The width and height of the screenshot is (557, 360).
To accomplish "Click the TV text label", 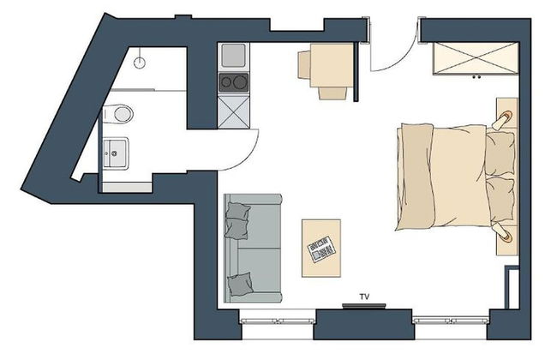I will click(x=364, y=297).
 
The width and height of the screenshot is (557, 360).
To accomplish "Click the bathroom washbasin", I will click(x=113, y=153).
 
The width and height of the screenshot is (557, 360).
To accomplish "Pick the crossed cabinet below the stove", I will click(x=233, y=110).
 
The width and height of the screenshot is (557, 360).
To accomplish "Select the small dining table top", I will click(x=334, y=71).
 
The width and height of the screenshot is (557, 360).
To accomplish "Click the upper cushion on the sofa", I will click(x=238, y=220).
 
